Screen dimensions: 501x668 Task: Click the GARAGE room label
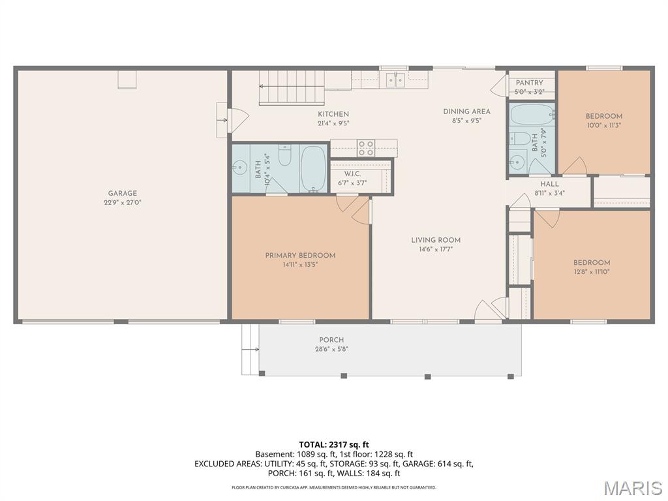point(123,193)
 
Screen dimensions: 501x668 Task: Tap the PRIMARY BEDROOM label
point(300,255)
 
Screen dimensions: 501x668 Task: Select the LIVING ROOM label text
point(436,240)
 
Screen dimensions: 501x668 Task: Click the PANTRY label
point(529,83)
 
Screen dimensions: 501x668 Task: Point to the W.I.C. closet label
point(352,174)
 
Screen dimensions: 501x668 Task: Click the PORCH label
point(331,340)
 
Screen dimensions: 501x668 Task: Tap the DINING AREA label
point(466,112)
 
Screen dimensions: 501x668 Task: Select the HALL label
point(549,185)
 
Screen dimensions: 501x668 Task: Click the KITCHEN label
point(333,114)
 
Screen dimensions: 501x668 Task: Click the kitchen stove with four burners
point(366,148)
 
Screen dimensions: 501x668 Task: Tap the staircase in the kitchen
point(292,87)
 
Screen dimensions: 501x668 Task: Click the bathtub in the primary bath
point(314,168)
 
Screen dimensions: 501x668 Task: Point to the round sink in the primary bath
point(239,168)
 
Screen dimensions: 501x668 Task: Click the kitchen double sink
point(395,80)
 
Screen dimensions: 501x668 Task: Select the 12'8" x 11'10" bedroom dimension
point(592,271)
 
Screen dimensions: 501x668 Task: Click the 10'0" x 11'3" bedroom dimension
point(603,125)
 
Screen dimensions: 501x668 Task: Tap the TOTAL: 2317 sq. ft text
point(334,444)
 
